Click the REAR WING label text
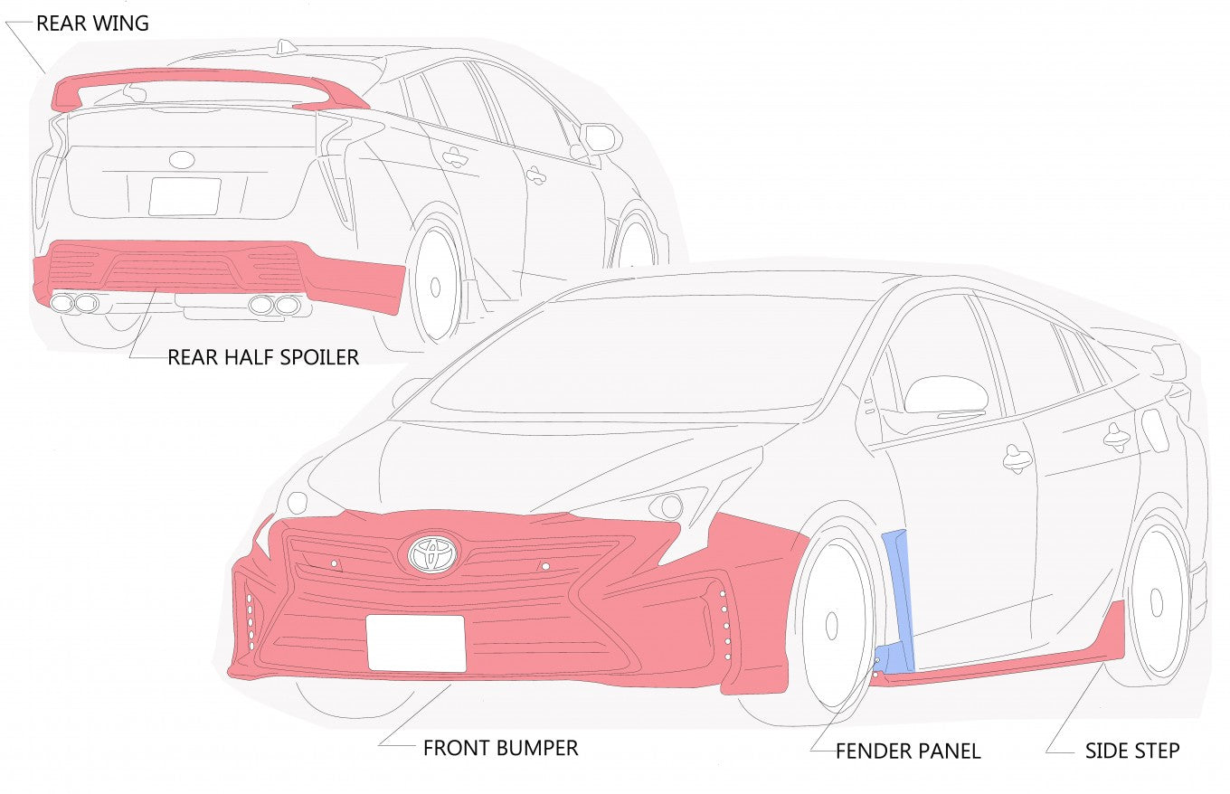point(92,24)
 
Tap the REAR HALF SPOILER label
point(263,357)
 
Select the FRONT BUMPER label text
point(500,748)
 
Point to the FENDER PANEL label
point(908,751)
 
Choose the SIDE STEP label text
point(1132,751)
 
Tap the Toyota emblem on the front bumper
point(432,553)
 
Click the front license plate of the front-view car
point(416,642)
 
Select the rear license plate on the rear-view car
point(184,196)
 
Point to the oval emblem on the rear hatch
point(181,160)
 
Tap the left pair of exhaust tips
point(74,303)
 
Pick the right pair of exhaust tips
point(274,305)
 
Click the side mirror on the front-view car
point(945,395)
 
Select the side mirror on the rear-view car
point(601,138)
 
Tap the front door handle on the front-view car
point(1017,458)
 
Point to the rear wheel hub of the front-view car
point(1156,601)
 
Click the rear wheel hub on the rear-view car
point(435,288)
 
